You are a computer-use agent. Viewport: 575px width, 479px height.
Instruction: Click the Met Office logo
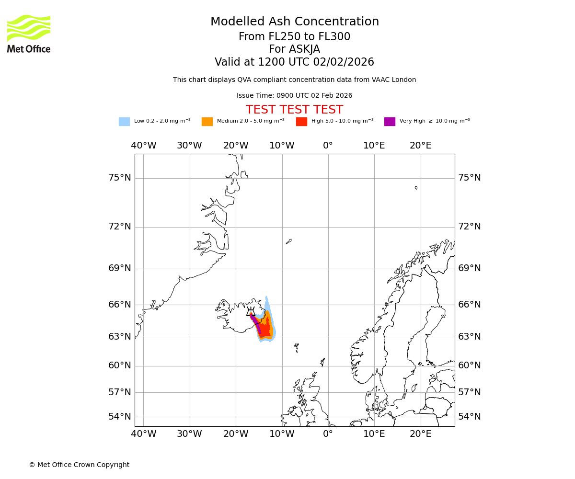(29, 34)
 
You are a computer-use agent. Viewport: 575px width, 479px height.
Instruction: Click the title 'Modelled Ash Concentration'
(294, 22)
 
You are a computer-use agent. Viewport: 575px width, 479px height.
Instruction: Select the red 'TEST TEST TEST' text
(294, 110)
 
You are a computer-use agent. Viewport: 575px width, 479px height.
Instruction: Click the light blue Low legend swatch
(124, 121)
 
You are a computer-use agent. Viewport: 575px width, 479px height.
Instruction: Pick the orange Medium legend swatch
(207, 121)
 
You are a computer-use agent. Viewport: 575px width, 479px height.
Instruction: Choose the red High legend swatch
(301, 121)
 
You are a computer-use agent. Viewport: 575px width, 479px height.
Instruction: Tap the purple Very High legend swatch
(390, 121)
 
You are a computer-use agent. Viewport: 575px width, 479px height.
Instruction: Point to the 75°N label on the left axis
(119, 178)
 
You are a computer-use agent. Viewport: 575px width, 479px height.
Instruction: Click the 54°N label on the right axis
(470, 416)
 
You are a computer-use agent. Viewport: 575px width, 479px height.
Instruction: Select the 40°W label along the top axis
(144, 146)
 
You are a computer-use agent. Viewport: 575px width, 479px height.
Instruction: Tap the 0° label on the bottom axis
(328, 434)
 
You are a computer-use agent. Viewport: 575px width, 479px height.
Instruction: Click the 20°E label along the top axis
(420, 146)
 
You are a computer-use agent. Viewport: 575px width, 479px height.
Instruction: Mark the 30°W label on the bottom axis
(189, 434)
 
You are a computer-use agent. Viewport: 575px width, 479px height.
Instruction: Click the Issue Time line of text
(294, 96)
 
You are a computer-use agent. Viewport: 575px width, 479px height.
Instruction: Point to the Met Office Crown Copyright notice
(79, 465)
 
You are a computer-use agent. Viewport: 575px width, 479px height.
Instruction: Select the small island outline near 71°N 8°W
(288, 241)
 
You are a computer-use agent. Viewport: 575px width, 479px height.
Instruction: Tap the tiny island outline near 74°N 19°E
(416, 188)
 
